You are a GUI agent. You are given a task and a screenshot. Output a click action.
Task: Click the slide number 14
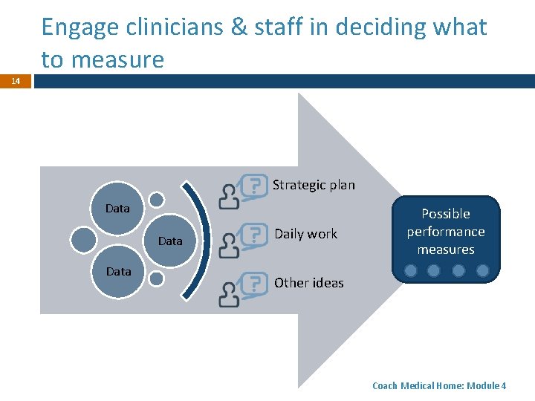coord(16,81)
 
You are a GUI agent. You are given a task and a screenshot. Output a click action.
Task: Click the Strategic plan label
coord(314,185)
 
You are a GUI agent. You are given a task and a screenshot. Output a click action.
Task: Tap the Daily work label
coord(305,234)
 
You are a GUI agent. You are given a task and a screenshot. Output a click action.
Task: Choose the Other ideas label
coord(308,283)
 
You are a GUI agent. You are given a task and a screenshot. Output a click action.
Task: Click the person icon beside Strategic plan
coord(230,196)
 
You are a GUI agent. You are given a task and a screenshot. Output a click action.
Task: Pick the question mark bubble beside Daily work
coord(256,234)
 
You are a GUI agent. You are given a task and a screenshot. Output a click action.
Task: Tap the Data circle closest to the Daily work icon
coord(171,241)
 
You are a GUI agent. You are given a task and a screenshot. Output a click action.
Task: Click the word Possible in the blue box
coord(446,214)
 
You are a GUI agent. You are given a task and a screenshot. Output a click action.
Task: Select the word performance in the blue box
coord(446,232)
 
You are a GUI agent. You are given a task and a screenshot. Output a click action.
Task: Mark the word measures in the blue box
coord(446,250)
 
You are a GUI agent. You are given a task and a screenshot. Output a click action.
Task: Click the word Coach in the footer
coord(384,386)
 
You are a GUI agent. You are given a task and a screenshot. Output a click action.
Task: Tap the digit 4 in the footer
coord(505,386)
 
